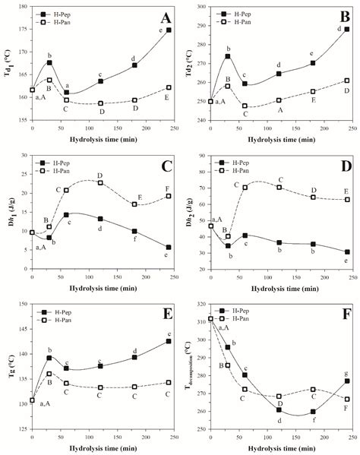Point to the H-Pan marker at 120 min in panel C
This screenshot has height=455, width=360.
pos(100,182)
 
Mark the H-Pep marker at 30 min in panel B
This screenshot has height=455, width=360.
pos(228,56)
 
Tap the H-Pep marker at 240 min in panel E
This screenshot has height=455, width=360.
pos(169,341)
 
